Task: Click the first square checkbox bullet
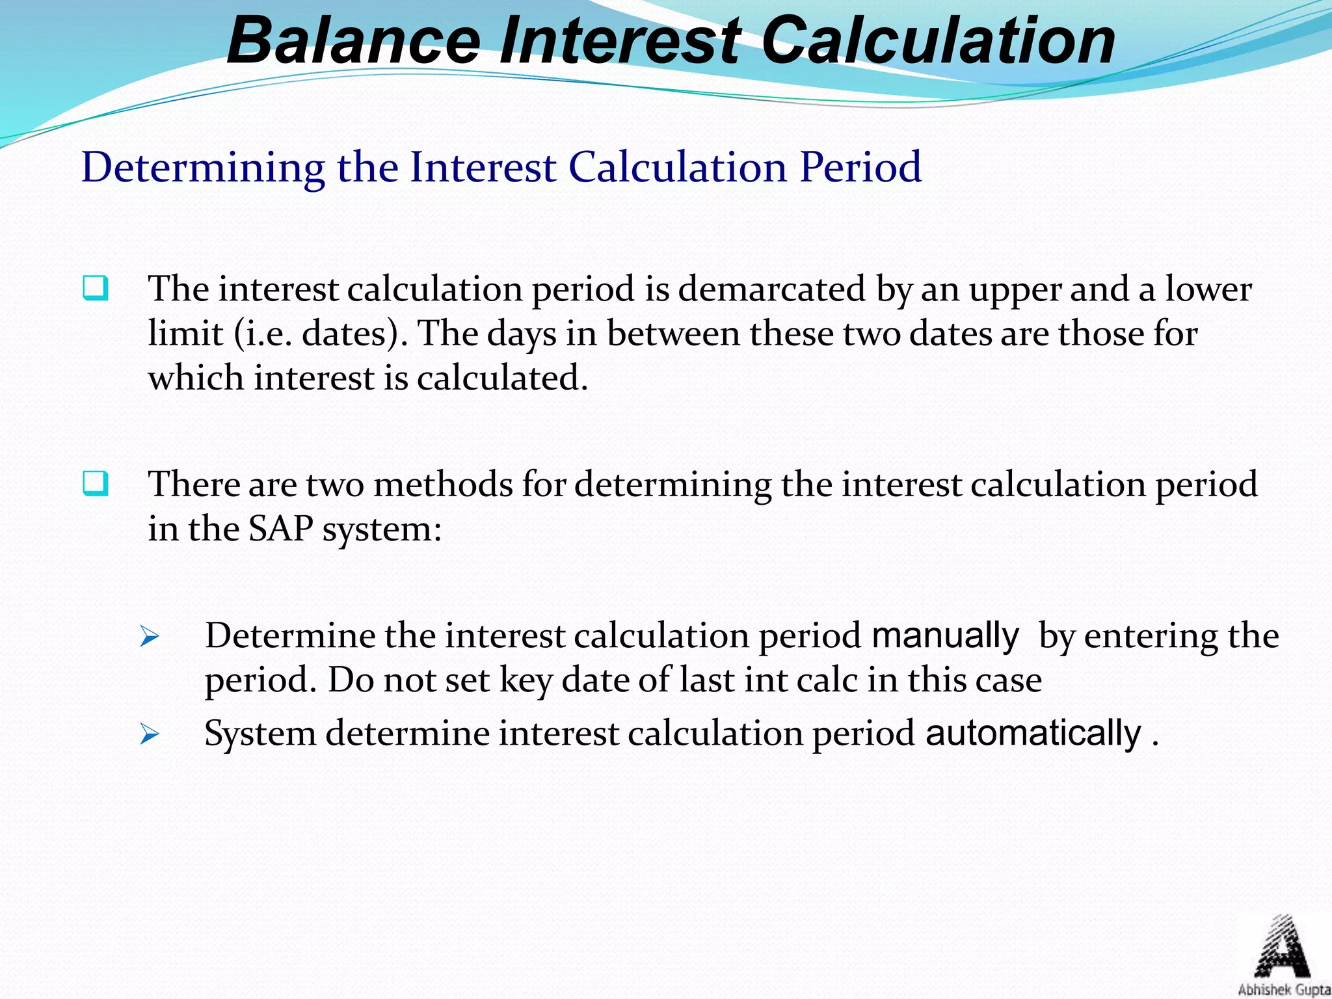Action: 96,288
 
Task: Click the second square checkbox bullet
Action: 96,484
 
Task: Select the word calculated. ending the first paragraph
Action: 502,379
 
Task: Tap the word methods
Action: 443,485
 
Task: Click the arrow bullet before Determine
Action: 149,637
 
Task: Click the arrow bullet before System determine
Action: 149,735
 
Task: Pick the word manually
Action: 945,636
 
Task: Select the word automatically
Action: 1033,734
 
